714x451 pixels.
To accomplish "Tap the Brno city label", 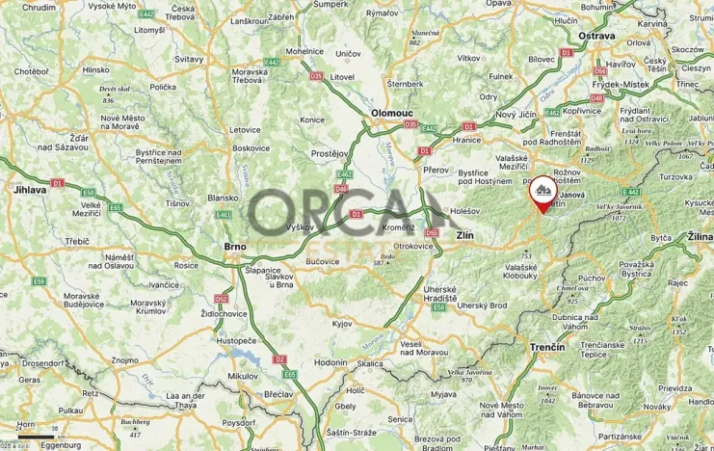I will click(x=235, y=247).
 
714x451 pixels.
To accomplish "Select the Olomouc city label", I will click(x=392, y=113).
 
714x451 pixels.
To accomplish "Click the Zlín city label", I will click(x=464, y=235).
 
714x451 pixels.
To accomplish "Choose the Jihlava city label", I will click(x=30, y=190).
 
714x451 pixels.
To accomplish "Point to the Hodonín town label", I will click(x=330, y=362).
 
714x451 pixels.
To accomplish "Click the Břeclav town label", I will click(x=278, y=395).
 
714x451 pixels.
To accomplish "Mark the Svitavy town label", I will click(x=189, y=59).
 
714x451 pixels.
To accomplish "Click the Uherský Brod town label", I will click(x=481, y=305).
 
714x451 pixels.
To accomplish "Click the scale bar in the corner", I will click(x=36, y=436).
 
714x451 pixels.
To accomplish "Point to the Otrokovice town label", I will click(x=412, y=246).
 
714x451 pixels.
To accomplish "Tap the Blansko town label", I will click(x=223, y=198).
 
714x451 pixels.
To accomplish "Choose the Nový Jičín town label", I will click(x=519, y=115).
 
